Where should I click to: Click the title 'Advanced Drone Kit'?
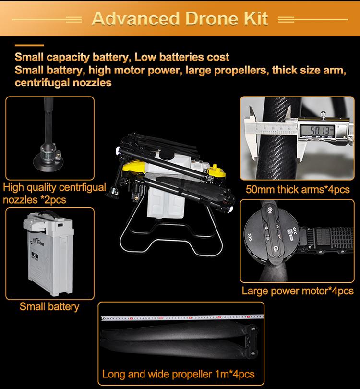click(x=180, y=19)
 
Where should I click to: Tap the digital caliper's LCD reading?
click(x=318, y=130)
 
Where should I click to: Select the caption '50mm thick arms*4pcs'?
click(x=298, y=190)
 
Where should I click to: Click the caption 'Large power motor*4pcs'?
click(x=298, y=291)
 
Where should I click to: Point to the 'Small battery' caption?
click(x=49, y=306)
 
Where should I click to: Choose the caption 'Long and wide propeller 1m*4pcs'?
click(x=178, y=374)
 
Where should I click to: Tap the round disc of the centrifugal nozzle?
click(x=48, y=163)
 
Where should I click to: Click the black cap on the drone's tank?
click(x=166, y=155)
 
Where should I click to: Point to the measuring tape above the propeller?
click(x=182, y=317)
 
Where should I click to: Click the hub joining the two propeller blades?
click(x=251, y=341)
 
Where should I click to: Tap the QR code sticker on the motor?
click(x=290, y=231)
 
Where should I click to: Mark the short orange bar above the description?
click(x=29, y=45)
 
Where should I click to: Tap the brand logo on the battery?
click(x=37, y=242)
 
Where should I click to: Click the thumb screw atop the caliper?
click(x=323, y=115)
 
